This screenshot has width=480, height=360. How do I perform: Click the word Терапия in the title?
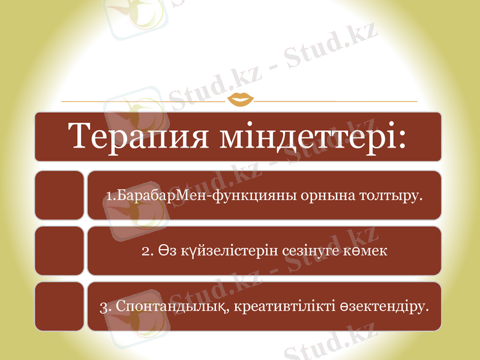140,137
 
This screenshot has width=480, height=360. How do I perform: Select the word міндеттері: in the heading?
313,137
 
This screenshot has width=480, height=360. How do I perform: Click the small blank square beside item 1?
59,195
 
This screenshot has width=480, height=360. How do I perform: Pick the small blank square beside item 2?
59,251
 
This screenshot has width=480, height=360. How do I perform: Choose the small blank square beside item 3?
59,307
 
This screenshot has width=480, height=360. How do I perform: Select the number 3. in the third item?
105,307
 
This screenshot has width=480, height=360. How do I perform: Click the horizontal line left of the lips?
144,101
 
